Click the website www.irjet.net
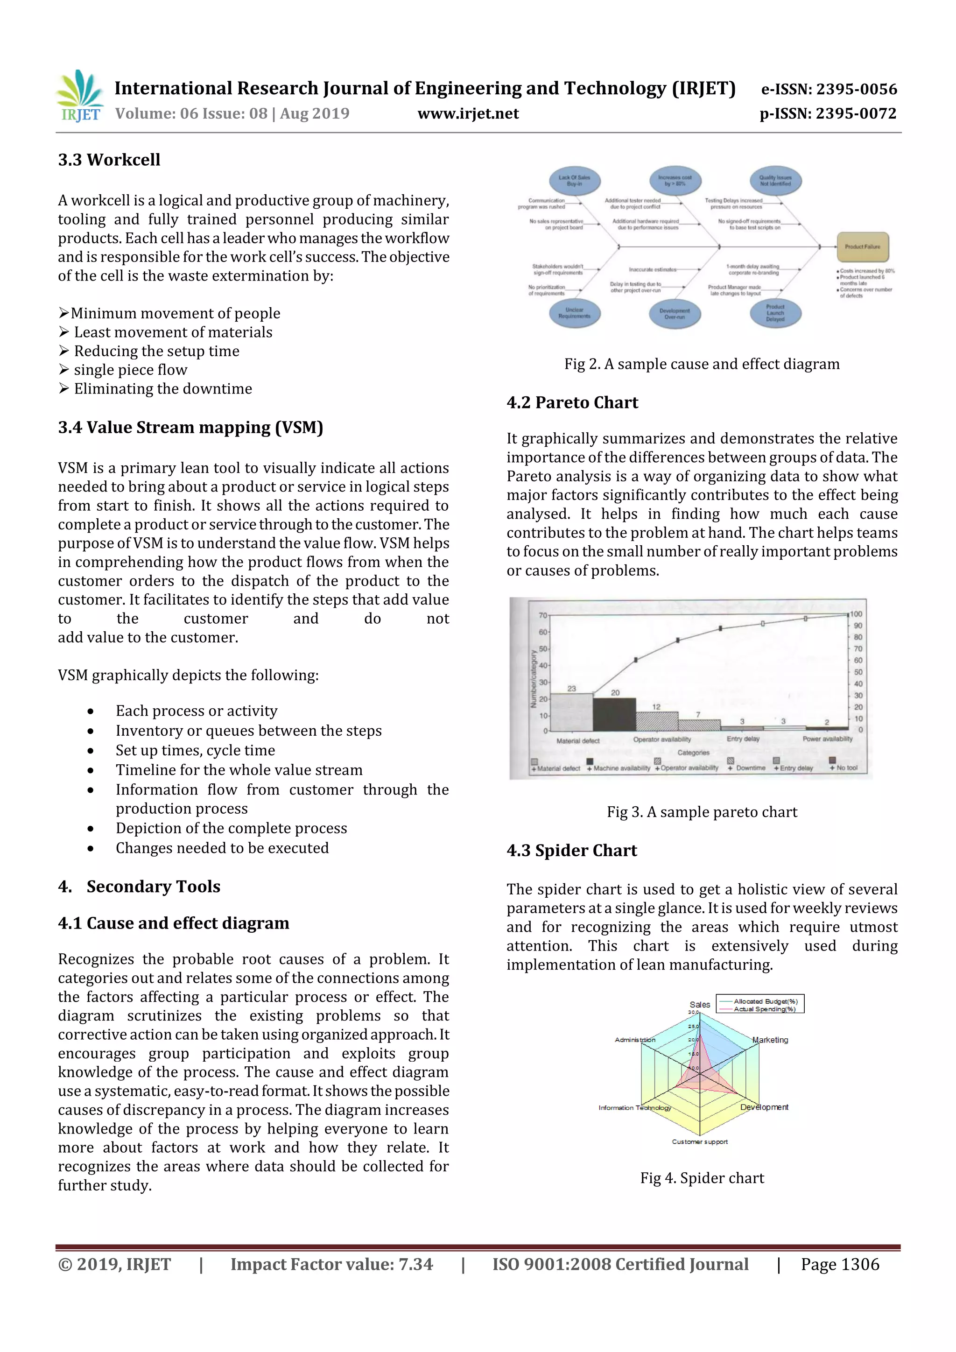click(468, 113)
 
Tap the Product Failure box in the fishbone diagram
click(862, 246)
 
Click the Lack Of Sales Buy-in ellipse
click(575, 180)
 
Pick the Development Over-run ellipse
click(675, 313)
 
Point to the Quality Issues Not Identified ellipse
click(775, 180)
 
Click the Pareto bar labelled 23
click(571, 711)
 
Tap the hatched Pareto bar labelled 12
click(656, 721)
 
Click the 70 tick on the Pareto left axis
click(542, 615)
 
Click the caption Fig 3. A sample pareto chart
click(702, 812)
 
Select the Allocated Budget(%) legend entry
click(765, 1001)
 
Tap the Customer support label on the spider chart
click(700, 1141)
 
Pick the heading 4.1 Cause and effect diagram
click(174, 922)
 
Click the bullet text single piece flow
click(130, 370)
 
